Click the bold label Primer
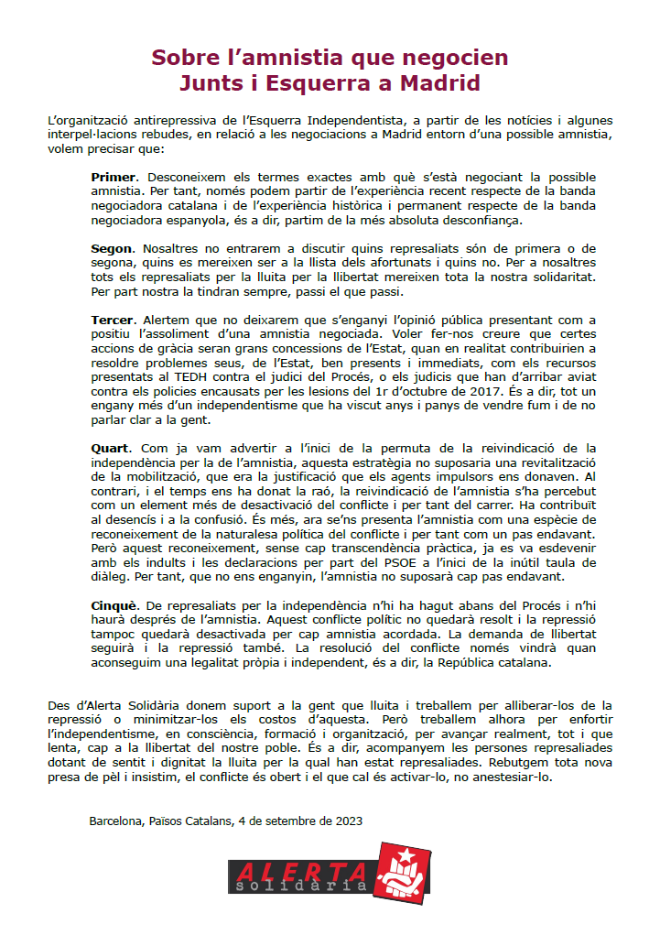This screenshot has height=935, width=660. click(x=114, y=175)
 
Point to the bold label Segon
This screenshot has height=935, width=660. click(x=113, y=248)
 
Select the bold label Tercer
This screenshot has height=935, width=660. click(x=114, y=320)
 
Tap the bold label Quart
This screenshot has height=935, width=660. click(x=112, y=448)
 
